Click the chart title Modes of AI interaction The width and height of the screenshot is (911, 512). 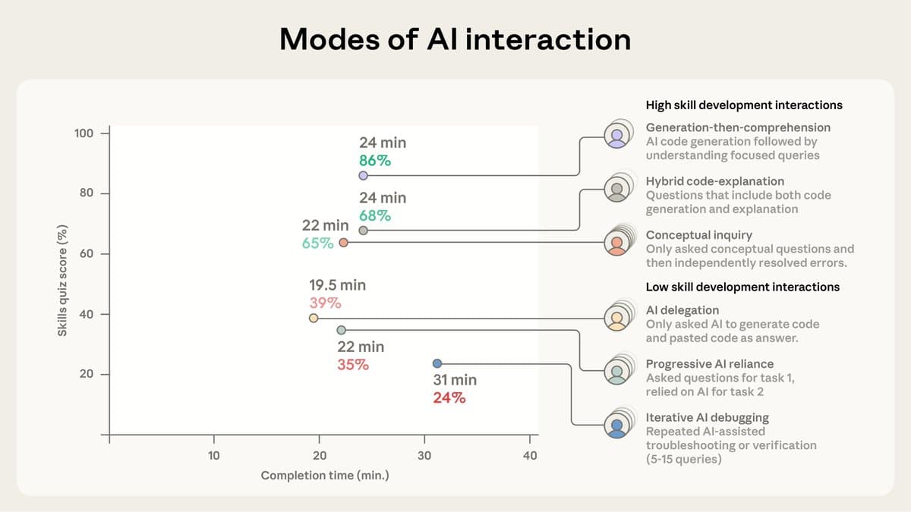click(x=455, y=39)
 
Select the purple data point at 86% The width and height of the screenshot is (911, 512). click(x=363, y=175)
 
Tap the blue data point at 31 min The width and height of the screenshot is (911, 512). click(x=437, y=363)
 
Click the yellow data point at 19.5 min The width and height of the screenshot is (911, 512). click(x=313, y=318)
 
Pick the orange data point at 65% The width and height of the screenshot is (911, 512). click(x=343, y=243)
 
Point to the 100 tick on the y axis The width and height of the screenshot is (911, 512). click(x=84, y=133)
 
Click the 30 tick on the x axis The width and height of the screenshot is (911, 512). click(x=424, y=455)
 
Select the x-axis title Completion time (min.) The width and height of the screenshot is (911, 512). click(x=324, y=476)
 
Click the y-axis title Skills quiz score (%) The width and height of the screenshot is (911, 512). click(x=62, y=281)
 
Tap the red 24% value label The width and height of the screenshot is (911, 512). click(x=449, y=397)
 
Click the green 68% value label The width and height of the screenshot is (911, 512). click(x=375, y=215)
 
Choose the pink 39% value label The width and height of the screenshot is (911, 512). click(x=325, y=303)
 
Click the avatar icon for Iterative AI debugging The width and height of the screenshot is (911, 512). click(x=617, y=425)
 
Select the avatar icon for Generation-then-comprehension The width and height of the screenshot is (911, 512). click(x=617, y=135)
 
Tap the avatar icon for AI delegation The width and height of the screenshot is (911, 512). click(x=617, y=318)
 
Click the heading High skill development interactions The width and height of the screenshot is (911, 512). click(x=744, y=105)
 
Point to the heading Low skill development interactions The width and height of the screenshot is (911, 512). click(x=742, y=287)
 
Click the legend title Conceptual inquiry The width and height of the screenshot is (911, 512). click(x=698, y=235)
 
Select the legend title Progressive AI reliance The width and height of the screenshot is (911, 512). click(x=709, y=364)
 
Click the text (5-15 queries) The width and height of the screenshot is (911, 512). click(x=683, y=459)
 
